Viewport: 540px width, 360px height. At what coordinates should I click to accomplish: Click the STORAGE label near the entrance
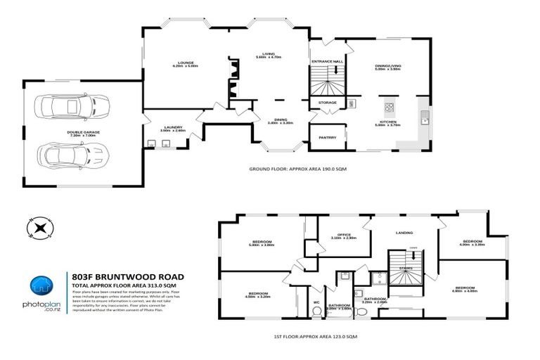328,103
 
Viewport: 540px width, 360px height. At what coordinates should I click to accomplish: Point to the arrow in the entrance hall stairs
337,70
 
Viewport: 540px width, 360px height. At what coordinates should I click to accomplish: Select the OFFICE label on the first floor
343,236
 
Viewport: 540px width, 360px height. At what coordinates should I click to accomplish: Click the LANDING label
404,233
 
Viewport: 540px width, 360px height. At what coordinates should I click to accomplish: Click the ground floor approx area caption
299,169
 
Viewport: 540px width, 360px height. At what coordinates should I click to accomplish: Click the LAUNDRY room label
172,128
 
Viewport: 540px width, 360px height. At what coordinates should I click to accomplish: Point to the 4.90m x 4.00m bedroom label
465,290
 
